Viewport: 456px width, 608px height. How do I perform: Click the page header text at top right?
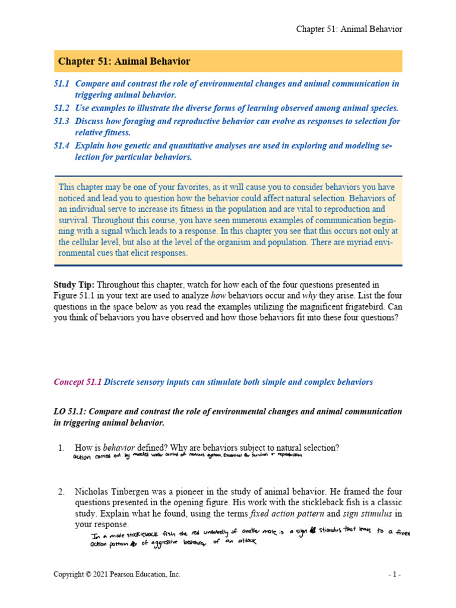pos(350,29)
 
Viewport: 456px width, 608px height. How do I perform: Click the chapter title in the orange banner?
pos(123,61)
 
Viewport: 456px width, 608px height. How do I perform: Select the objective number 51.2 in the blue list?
pos(62,108)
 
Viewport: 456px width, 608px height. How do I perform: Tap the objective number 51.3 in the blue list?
pos(62,121)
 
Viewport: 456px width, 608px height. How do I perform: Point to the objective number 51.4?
pos(62,145)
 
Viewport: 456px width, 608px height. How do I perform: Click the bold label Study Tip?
pos(74,285)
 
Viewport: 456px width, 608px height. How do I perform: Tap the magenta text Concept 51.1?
pos(77,382)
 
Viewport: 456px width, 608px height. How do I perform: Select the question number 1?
pos(61,447)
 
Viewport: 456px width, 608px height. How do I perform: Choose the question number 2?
pos(61,492)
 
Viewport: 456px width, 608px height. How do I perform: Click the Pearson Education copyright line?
pos(117,574)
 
